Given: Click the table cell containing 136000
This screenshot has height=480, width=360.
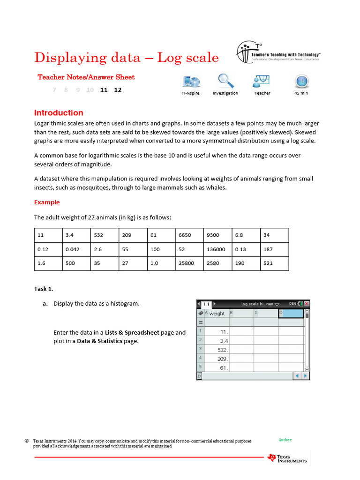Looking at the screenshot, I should click(218, 249).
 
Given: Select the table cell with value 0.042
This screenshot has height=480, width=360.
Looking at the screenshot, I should click(76, 249).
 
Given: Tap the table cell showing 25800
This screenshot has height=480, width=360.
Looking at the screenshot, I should click(190, 263).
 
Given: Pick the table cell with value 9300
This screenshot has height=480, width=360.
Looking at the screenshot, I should click(218, 235).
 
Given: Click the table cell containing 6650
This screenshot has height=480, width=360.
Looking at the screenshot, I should click(190, 235).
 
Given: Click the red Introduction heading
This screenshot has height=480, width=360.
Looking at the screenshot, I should click(59, 113).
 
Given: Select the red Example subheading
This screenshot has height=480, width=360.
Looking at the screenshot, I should click(47, 202).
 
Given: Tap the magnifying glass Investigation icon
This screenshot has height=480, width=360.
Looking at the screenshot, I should click(225, 81).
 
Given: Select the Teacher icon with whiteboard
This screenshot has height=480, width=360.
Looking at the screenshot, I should click(262, 81).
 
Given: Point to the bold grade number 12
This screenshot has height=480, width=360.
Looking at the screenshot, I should click(118, 90).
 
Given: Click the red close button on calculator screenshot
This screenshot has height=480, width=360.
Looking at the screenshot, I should click(307, 304).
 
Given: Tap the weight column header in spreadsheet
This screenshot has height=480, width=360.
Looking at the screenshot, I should click(217, 314).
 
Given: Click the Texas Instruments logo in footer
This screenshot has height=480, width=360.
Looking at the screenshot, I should click(287, 457).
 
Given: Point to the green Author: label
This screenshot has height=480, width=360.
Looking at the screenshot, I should click(285, 440).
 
